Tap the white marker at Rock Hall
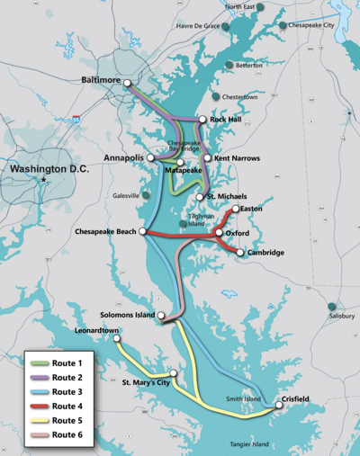[202, 119]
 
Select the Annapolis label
[122, 157]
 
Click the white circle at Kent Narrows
[207, 158]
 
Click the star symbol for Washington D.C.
[42, 181]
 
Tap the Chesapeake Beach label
[105, 232]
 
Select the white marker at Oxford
[219, 233]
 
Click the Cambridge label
[265, 253]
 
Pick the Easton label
[251, 209]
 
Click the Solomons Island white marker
[162, 316]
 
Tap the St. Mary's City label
[145, 382]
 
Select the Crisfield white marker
[278, 406]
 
